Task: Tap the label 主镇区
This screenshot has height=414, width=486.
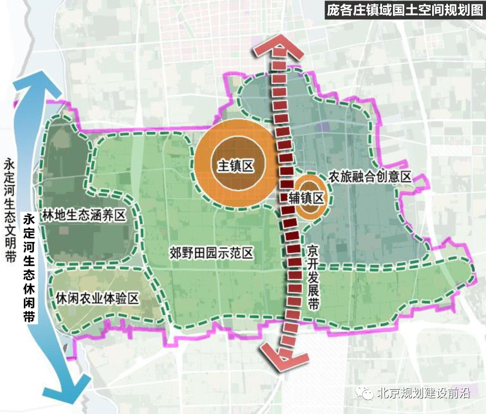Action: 236,166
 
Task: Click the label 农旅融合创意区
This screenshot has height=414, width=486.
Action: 369,177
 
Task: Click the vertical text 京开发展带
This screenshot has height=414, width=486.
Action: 313,278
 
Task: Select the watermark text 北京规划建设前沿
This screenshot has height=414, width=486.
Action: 424,394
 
